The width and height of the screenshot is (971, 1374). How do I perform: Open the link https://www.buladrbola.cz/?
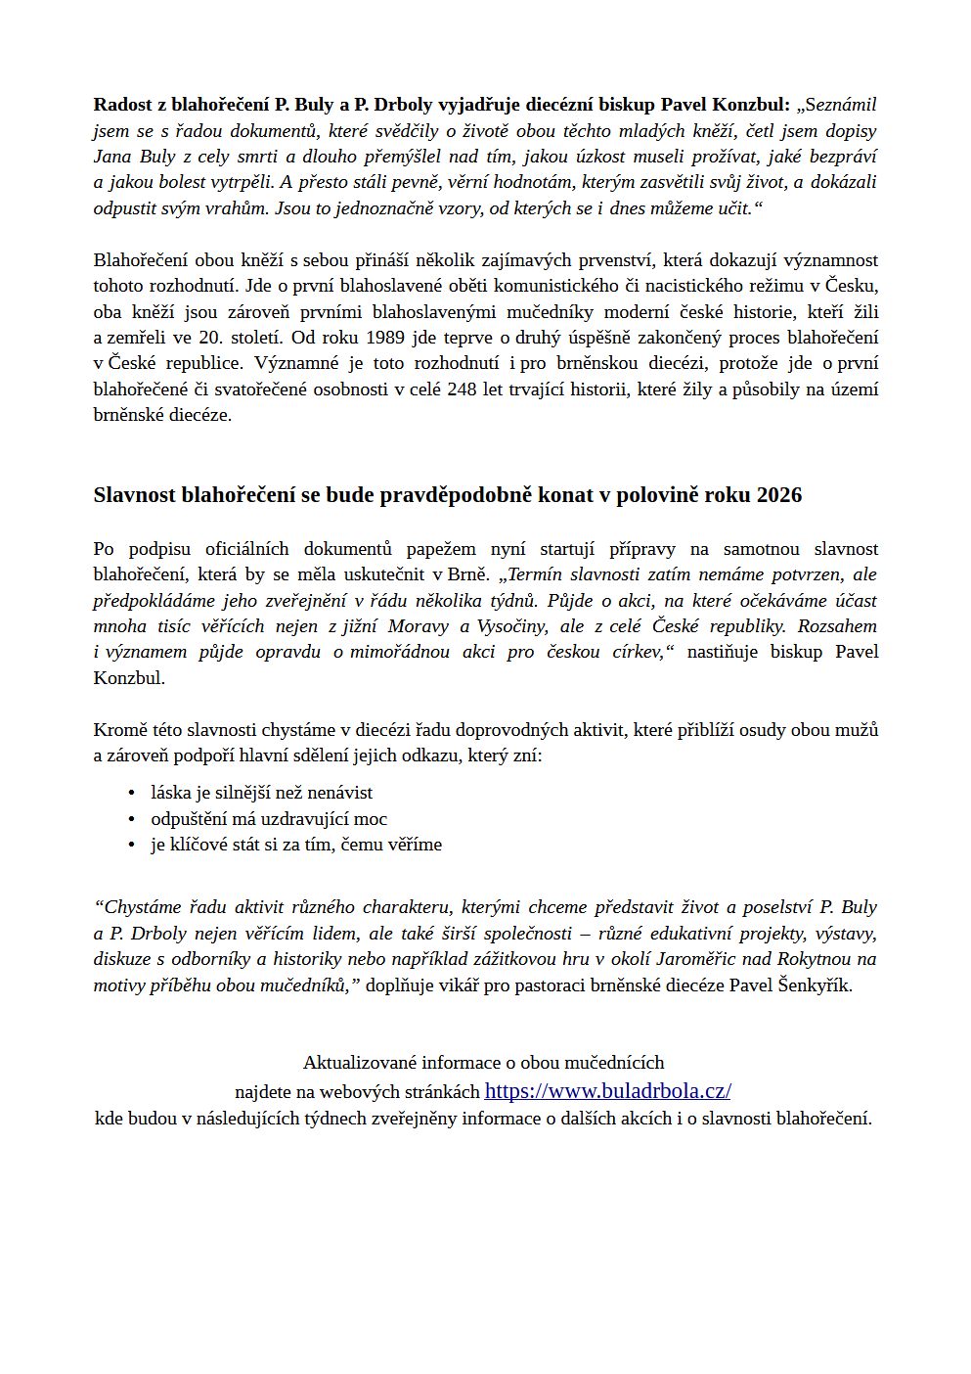click(x=607, y=1091)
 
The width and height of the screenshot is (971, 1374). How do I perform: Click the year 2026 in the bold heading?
click(x=779, y=495)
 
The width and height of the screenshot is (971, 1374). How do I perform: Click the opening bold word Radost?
click(x=122, y=105)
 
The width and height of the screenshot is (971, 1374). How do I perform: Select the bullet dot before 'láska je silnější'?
click(x=130, y=793)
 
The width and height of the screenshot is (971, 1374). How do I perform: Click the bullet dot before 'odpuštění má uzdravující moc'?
click(x=130, y=819)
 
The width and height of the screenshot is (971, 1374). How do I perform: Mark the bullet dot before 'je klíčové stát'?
click(x=130, y=845)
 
